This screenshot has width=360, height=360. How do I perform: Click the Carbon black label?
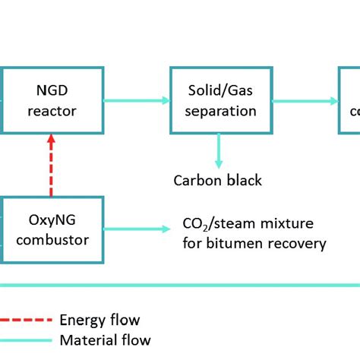(217, 180)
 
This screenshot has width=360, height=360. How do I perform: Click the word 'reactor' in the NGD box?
(51, 110)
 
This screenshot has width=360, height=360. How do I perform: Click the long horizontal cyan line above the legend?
(180, 286)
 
